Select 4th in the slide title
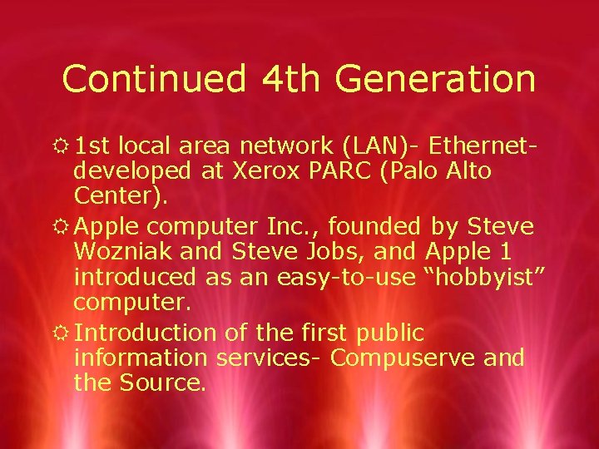click(292, 79)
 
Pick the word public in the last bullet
click(390, 333)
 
